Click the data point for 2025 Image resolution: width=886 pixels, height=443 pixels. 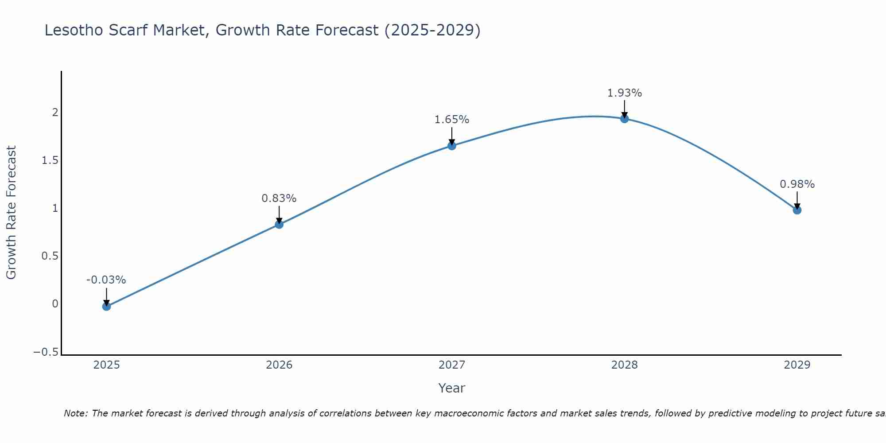pyautogui.click(x=106, y=306)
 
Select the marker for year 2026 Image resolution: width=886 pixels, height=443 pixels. pyautogui.click(x=279, y=225)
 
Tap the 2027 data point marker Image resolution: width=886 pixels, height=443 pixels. pyautogui.click(x=452, y=146)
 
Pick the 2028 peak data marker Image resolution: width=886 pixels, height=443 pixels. pyautogui.click(x=625, y=119)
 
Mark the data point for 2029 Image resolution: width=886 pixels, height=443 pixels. pyautogui.click(x=797, y=210)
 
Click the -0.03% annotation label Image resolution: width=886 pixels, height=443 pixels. pyautogui.click(x=106, y=280)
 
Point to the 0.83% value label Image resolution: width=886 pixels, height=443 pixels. pyautogui.click(x=279, y=198)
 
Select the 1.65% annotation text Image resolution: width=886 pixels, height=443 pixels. pyautogui.click(x=452, y=120)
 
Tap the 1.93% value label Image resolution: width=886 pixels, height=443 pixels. pyautogui.click(x=625, y=93)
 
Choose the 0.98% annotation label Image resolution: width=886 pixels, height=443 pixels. pyautogui.click(x=797, y=184)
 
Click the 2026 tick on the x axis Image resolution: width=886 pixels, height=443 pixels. pyautogui.click(x=279, y=365)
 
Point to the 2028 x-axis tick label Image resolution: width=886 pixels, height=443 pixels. pyautogui.click(x=625, y=365)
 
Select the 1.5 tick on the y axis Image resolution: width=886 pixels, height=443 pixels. pyautogui.click(x=50, y=160)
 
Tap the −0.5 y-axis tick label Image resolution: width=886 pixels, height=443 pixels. pyautogui.click(x=46, y=352)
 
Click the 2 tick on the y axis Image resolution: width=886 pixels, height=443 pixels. pyautogui.click(x=55, y=113)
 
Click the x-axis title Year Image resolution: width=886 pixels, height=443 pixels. pyautogui.click(x=452, y=389)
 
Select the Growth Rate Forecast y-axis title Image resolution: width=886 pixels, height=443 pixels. pyautogui.click(x=11, y=213)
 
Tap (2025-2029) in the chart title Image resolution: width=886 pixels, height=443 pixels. pyautogui.click(x=432, y=31)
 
